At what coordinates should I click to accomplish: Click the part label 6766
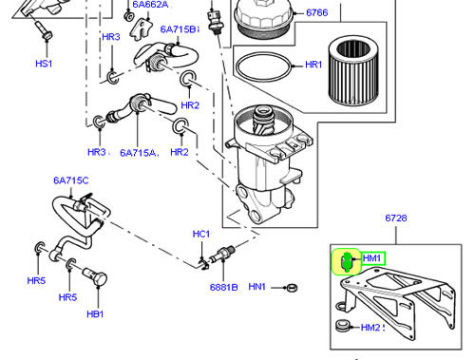coord(316,13)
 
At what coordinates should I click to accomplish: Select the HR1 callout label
coord(313,65)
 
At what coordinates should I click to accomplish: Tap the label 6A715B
coord(179,29)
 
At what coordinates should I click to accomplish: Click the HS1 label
coord(44,64)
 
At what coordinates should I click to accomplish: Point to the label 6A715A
coord(138,153)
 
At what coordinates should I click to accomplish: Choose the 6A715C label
coord(71,180)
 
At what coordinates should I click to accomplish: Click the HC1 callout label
coord(201,234)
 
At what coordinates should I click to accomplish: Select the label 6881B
coord(223,287)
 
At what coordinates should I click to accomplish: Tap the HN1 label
coord(256,287)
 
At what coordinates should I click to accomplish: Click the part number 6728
coord(396,218)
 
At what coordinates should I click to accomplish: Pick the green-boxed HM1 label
coord(372,258)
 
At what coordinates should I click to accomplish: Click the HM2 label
coord(370,328)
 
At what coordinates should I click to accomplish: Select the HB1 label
coord(95,314)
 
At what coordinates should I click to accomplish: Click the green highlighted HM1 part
coord(346,262)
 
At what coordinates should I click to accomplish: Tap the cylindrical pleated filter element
coord(353,71)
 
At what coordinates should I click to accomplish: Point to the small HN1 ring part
coord(292,288)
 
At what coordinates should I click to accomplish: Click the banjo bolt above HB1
coord(94,276)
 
